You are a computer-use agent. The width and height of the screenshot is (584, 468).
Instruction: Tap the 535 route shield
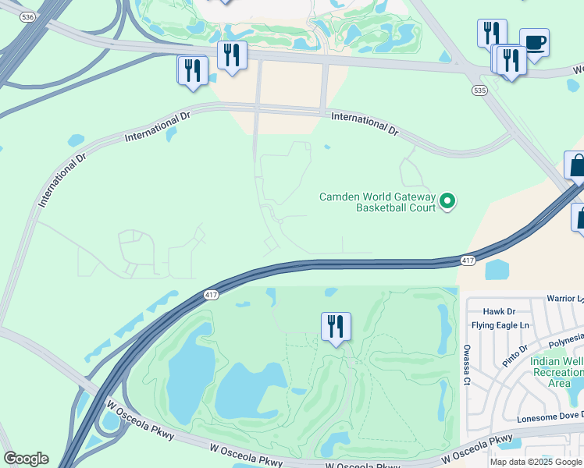(479, 90)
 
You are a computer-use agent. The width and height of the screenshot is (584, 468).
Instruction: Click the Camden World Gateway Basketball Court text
(376, 202)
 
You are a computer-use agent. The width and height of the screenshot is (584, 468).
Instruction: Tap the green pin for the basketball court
(447, 201)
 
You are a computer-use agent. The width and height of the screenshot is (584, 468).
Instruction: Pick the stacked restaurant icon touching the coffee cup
(511, 61)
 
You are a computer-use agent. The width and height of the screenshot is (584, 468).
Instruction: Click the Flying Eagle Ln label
(500, 324)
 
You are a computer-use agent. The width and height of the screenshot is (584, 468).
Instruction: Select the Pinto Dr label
(516, 357)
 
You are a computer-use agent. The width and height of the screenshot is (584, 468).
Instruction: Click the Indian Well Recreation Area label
(556, 372)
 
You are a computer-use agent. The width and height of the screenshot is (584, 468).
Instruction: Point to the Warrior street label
(564, 298)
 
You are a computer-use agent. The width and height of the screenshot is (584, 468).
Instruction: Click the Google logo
(26, 459)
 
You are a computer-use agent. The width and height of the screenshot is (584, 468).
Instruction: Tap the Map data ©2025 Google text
(536, 462)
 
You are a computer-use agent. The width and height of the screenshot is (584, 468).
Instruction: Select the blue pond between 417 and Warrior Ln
(497, 270)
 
